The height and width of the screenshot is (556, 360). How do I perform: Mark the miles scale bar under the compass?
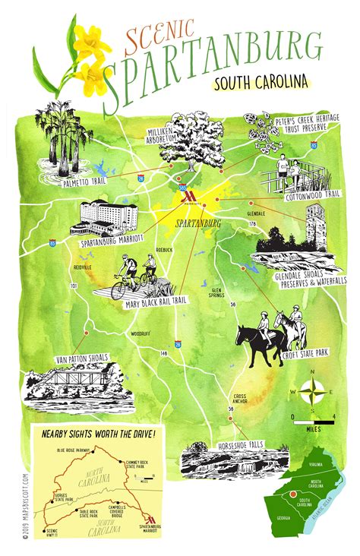(x=312, y=419)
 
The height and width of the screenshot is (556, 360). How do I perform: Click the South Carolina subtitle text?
(x=262, y=81)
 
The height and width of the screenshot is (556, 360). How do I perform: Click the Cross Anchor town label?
(x=240, y=400)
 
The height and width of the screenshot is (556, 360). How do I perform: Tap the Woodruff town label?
(x=139, y=333)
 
